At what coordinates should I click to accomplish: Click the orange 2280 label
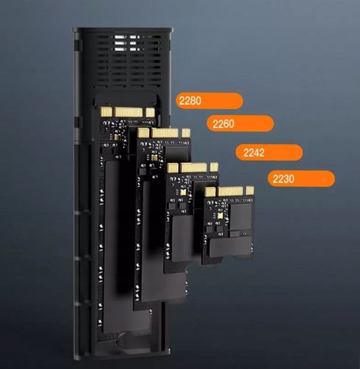click(x=209, y=101)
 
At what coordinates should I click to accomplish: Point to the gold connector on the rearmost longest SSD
click(x=128, y=111)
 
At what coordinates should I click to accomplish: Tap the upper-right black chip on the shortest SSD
click(x=240, y=215)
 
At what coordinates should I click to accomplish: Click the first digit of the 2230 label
click(x=276, y=179)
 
